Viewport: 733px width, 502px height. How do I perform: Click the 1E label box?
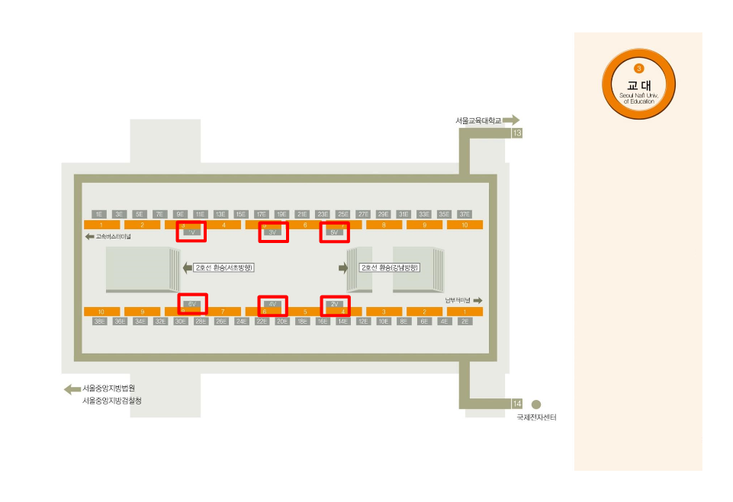tap(98, 214)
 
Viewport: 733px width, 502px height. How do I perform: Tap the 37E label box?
tap(465, 214)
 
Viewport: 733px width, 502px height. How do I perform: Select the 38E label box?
tap(99, 321)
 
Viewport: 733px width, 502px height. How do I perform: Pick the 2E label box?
tap(465, 321)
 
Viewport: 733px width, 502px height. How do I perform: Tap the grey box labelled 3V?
tap(273, 232)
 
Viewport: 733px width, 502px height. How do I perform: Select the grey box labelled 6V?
tap(191, 304)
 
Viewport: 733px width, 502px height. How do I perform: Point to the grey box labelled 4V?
tap(272, 304)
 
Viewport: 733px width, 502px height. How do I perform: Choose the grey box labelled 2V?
tap(334, 304)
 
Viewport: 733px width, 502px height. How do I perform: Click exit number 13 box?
tap(517, 133)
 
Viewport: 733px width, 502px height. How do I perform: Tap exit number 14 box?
tap(517, 404)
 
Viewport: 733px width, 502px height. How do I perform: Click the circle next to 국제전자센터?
tap(536, 404)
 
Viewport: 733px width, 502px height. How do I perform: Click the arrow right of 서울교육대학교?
tap(511, 120)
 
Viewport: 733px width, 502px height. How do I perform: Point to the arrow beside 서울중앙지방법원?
tap(72, 389)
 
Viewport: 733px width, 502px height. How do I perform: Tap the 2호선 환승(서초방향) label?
tap(223, 268)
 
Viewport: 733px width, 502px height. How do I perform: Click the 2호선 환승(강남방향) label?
tap(390, 268)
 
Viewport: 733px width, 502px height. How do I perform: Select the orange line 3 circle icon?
tap(639, 69)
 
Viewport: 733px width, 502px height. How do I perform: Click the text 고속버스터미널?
tap(114, 237)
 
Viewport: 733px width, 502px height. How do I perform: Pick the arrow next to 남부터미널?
tap(477, 301)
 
